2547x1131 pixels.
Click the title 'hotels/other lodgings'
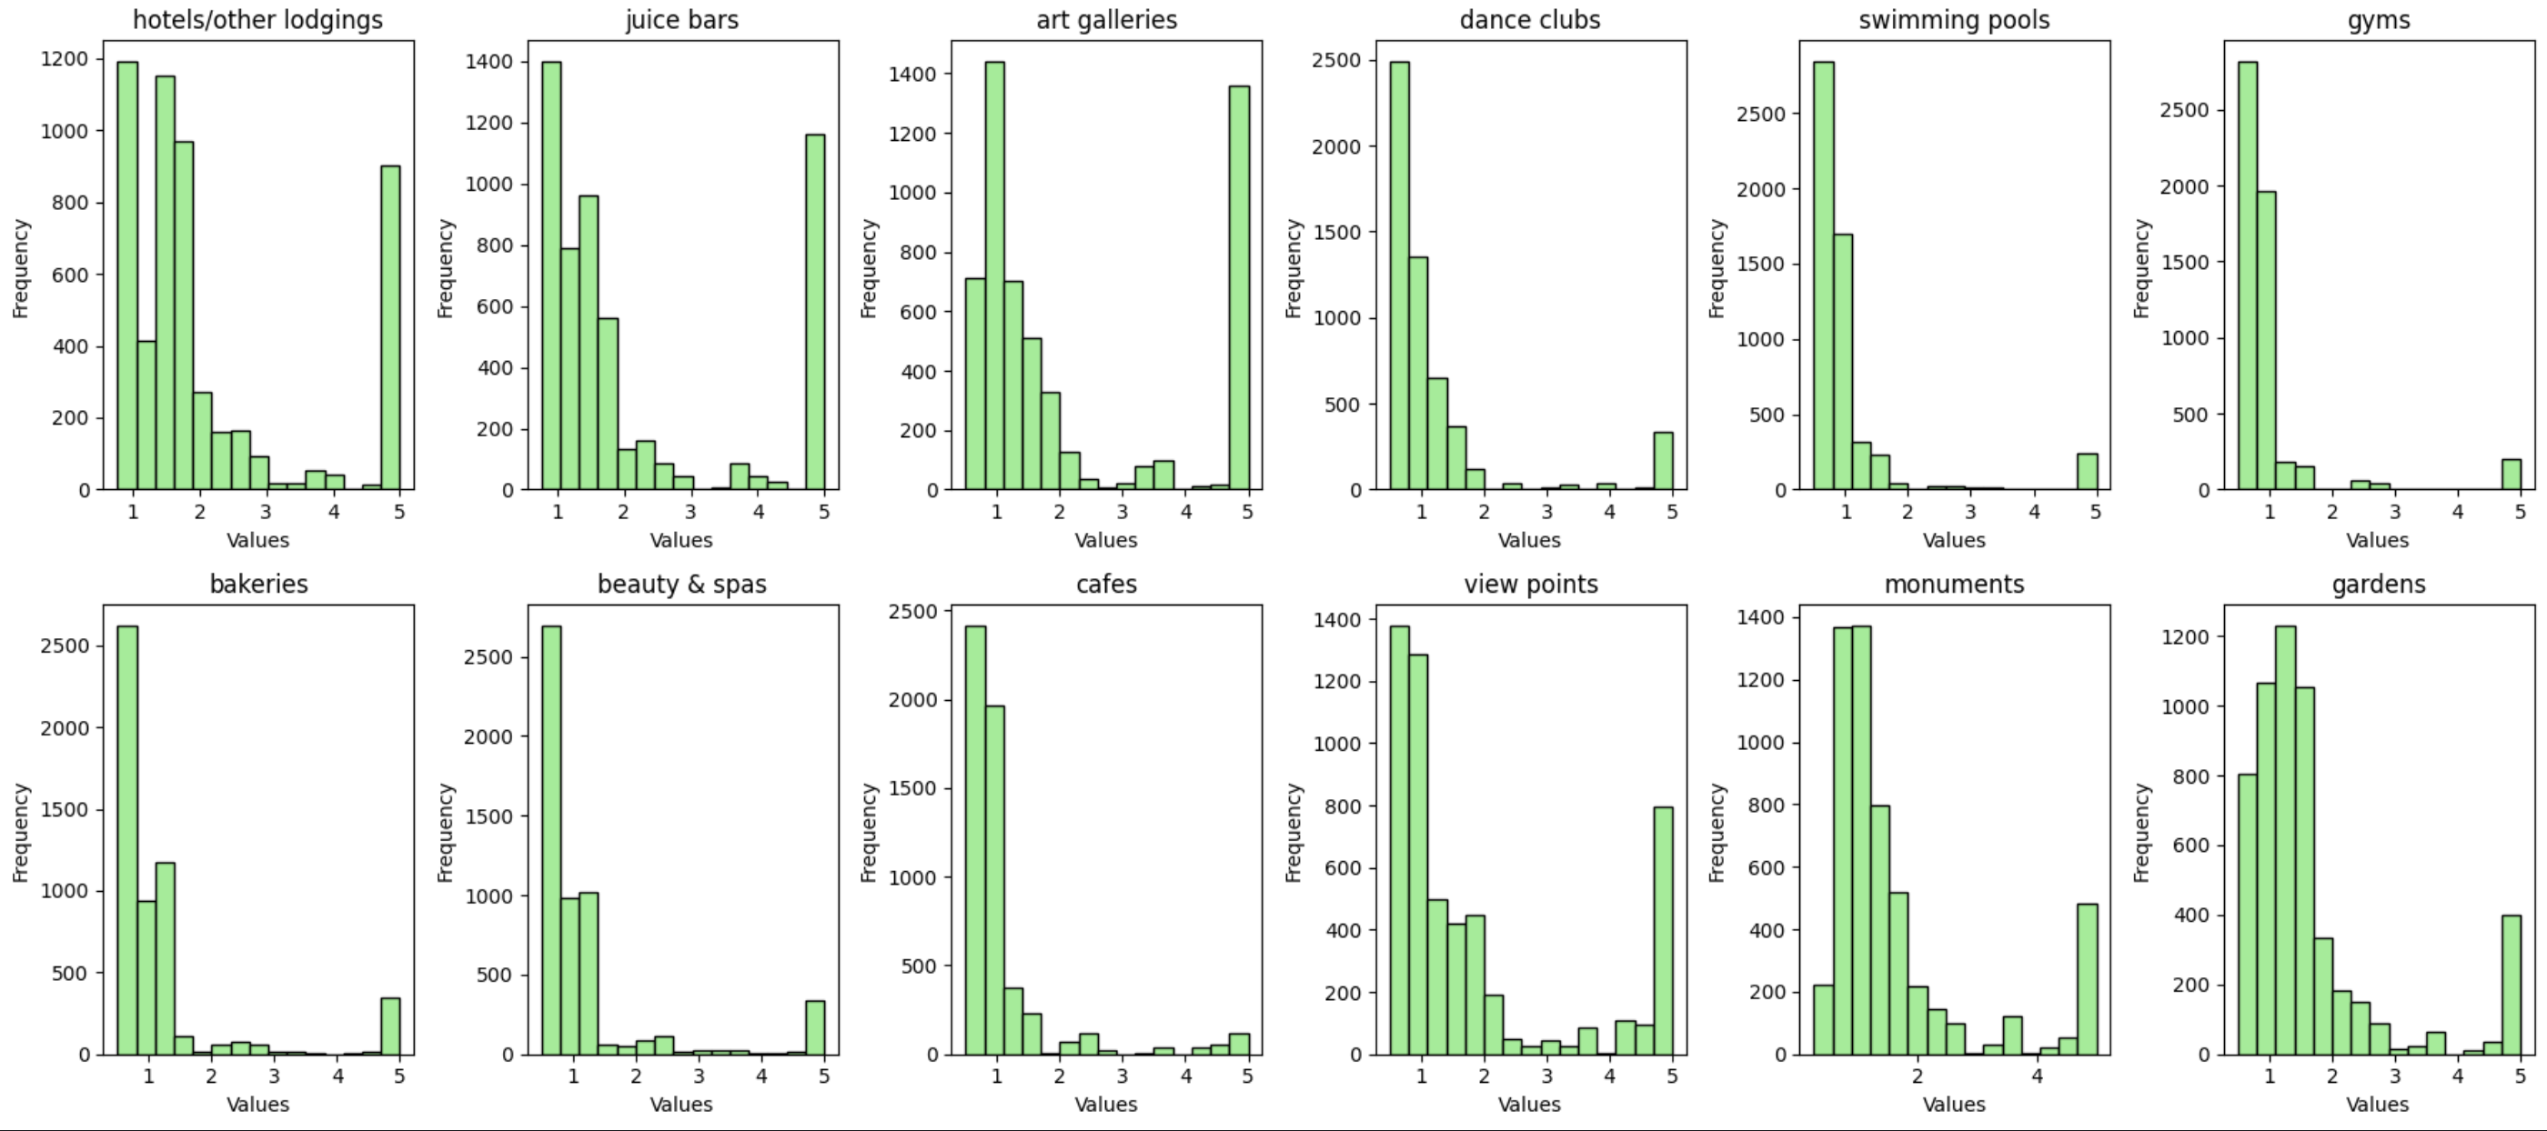tap(257, 20)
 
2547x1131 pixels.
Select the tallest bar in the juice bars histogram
tap(550, 275)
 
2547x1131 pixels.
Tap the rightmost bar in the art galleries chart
tap(1239, 287)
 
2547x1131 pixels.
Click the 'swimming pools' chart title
tap(1954, 20)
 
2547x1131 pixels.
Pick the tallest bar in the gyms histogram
tap(2248, 275)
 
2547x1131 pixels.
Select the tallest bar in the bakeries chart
tap(127, 840)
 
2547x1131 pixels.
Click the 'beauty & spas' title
tap(681, 585)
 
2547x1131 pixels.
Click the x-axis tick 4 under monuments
tap(2037, 1076)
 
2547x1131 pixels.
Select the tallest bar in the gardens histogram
tap(2285, 840)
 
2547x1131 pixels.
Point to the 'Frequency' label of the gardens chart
tap(2141, 833)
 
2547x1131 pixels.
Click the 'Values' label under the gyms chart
tap(2378, 540)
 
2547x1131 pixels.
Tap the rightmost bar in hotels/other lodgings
tap(390, 327)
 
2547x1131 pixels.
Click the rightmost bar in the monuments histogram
tap(2088, 979)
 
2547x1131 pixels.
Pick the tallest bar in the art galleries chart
tap(994, 275)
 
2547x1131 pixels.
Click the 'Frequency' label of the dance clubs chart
tap(1294, 268)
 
